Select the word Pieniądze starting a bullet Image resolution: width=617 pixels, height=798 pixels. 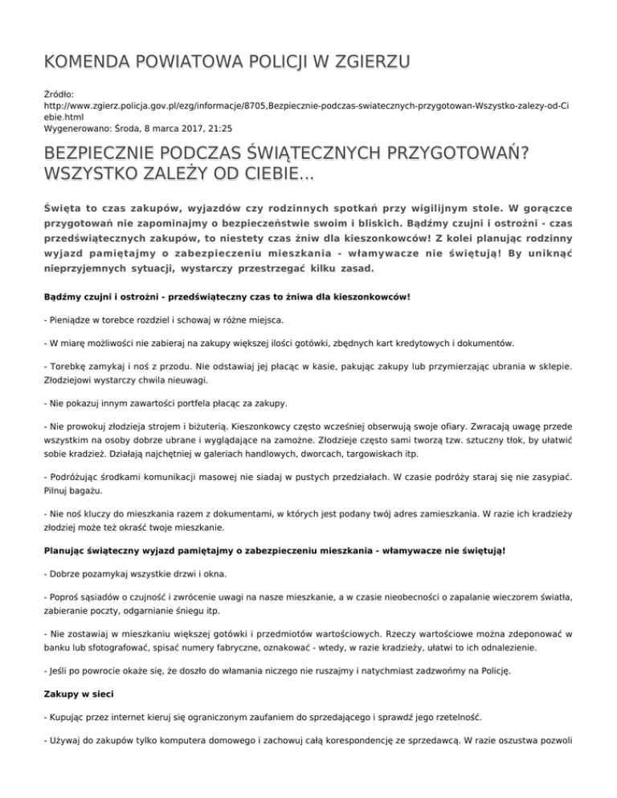click(x=77, y=320)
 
